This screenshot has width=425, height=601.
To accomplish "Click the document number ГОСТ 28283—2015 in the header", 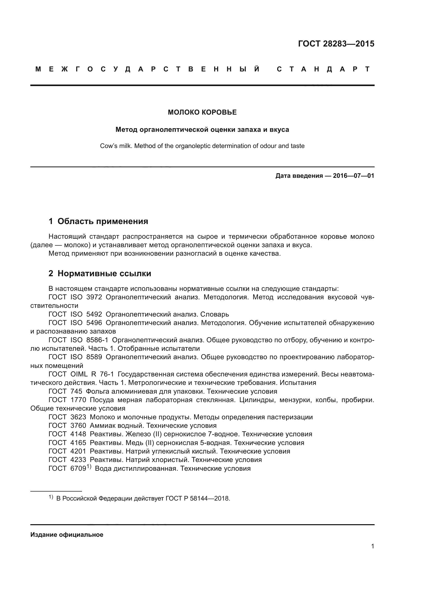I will pos(336,43).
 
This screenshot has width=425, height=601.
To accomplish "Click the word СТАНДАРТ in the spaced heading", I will pos(323,69).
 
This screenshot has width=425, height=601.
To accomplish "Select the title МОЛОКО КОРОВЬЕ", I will pos(202,112).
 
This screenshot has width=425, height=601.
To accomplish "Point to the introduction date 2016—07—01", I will pos(354,176).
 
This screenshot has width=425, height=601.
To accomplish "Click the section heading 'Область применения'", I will pos(103,221).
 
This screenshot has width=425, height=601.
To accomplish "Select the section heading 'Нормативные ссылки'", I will pos(104,273).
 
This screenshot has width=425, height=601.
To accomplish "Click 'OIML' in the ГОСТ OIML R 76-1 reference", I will pos(79,374).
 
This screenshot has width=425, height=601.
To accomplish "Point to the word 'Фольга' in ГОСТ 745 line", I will pos(98,391).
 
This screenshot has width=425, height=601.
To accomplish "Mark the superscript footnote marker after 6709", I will pos(89,466).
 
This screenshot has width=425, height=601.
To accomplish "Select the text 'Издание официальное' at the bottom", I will pos(67,535).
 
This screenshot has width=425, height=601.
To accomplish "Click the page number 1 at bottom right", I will pos(373,546).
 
